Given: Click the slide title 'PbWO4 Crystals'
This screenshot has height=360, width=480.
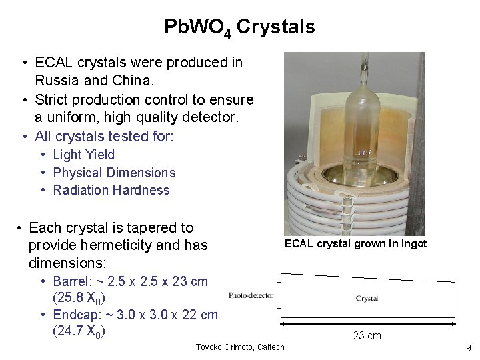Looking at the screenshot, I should (x=239, y=27).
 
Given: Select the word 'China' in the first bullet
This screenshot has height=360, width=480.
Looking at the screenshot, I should (x=134, y=81).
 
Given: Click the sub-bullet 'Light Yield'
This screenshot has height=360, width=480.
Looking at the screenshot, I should (x=84, y=155).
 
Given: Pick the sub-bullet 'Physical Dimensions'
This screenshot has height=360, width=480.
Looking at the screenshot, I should (x=114, y=173).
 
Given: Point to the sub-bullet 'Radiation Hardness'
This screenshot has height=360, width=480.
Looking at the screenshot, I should (x=111, y=190).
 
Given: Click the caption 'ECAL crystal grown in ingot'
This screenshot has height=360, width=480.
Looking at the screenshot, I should (x=355, y=244).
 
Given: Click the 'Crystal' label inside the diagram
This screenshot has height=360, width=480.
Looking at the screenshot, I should (x=367, y=299).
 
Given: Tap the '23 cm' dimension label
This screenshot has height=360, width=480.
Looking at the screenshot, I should (x=367, y=335).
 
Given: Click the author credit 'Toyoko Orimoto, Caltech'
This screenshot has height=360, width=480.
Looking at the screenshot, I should (x=240, y=347).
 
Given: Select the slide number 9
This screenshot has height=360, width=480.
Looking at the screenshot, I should (x=468, y=347).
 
